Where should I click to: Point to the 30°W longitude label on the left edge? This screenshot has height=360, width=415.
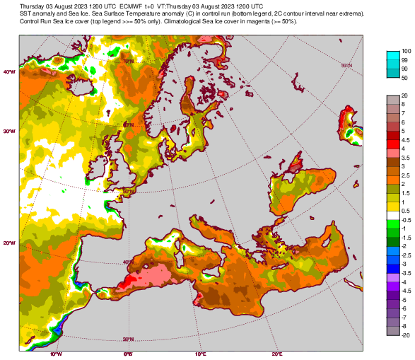[x=10, y=131]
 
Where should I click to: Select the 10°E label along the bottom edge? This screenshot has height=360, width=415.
[x=200, y=354]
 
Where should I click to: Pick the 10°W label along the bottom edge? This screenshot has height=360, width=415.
[x=56, y=354]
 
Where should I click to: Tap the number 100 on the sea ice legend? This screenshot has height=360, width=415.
[x=407, y=52]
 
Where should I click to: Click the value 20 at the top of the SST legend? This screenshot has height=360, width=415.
[x=404, y=95]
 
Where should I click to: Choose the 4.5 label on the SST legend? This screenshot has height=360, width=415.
[x=406, y=140]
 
